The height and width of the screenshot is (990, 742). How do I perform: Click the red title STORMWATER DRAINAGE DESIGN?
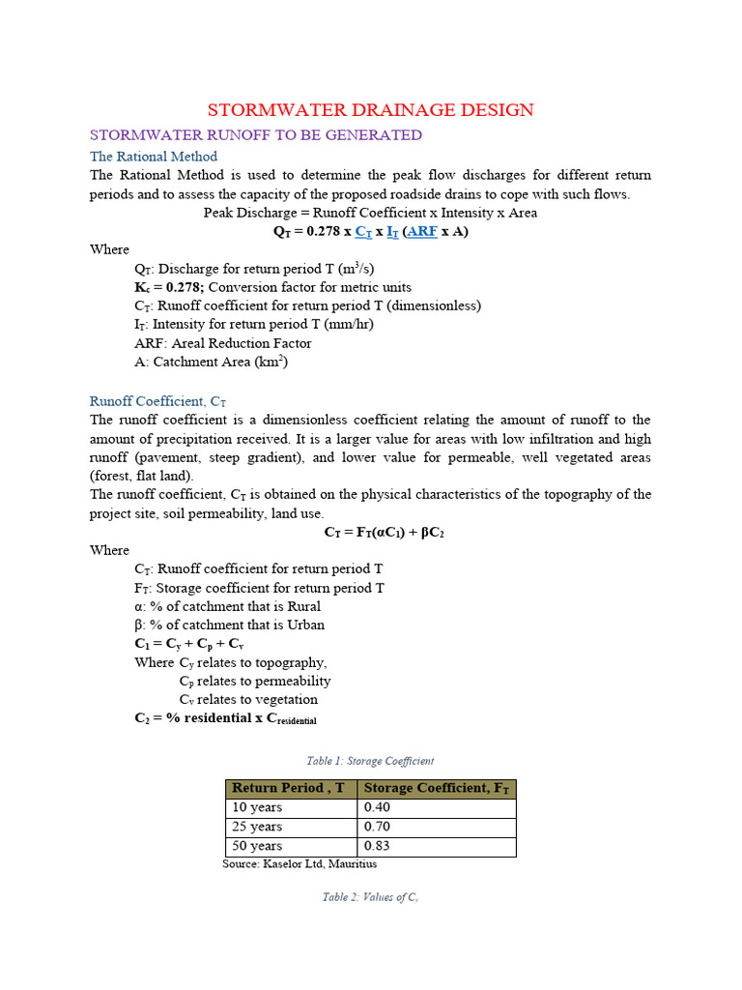371,109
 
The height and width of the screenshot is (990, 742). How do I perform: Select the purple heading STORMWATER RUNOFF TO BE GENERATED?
256,134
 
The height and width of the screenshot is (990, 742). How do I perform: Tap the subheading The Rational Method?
154,156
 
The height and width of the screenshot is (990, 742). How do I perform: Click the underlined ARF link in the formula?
423,232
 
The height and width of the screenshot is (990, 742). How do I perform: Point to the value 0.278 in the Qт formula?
319,232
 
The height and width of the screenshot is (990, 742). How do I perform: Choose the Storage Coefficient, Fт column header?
437,788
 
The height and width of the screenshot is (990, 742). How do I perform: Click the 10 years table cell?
257,807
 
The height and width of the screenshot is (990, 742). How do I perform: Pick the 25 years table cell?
257,827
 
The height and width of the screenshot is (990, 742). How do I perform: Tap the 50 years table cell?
257,846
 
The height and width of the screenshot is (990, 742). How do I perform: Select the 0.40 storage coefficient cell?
377,807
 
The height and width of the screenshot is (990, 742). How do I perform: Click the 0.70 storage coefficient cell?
377,827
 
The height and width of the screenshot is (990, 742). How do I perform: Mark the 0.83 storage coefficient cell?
377,846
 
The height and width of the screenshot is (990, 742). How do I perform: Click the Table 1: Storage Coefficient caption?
370,761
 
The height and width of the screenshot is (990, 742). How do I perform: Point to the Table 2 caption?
370,897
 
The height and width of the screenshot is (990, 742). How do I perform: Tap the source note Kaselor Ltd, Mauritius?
300,863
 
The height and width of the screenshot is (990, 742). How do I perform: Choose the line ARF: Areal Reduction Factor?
223,343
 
